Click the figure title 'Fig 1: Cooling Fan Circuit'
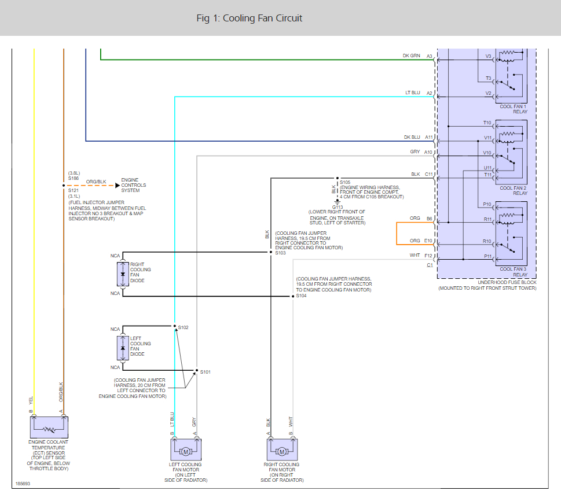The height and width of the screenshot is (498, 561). [x=250, y=19]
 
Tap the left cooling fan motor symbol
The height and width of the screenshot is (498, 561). [x=186, y=450]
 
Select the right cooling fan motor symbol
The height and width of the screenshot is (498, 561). [x=282, y=450]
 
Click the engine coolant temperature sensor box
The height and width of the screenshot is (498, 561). [x=49, y=427]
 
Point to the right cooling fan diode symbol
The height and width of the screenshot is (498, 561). [x=123, y=274]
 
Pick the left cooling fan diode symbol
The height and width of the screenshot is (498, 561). [x=123, y=348]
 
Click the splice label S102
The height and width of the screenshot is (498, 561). [x=183, y=327]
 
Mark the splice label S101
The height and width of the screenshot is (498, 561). [x=206, y=372]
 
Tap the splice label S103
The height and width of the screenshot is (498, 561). [x=280, y=253]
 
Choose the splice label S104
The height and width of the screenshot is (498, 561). [x=301, y=296]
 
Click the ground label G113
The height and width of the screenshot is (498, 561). [x=338, y=207]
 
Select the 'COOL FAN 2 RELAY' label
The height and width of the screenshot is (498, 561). [x=514, y=190]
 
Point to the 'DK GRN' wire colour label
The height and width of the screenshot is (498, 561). [x=412, y=56]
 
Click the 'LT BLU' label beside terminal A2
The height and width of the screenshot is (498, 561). [x=413, y=93]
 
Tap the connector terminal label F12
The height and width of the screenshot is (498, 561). [x=428, y=256]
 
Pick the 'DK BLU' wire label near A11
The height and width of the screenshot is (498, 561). [x=412, y=137]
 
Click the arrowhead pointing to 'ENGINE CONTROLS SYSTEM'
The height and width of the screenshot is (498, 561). [x=118, y=186]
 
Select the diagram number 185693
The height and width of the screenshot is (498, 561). [x=23, y=484]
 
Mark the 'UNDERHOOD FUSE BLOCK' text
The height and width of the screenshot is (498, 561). [x=507, y=282]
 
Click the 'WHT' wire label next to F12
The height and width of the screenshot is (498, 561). [x=415, y=255]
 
